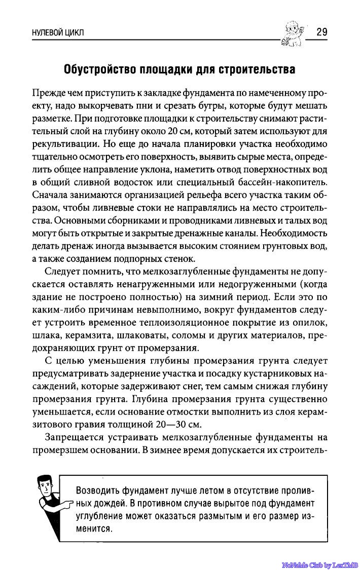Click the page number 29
[321, 32]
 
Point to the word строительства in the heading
[256, 69]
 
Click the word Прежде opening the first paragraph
[47, 93]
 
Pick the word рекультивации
[64, 144]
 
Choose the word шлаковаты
[142, 335]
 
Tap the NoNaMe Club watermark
[320, 564]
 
